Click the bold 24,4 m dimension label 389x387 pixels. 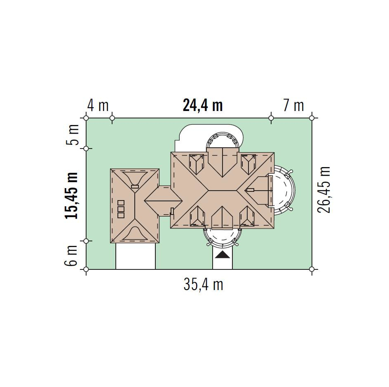pyautogui.click(x=203, y=105)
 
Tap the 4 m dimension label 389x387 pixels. pyautogui.click(x=98, y=105)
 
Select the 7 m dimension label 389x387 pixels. pyautogui.click(x=293, y=105)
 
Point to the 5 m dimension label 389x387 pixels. pyautogui.click(x=72, y=135)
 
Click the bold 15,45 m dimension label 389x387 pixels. pyautogui.click(x=71, y=195)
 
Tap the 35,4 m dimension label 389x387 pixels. pyautogui.click(x=204, y=284)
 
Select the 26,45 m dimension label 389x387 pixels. pyautogui.click(x=324, y=190)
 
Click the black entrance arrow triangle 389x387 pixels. pyautogui.click(x=222, y=255)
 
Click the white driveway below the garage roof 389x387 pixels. pyautogui.click(x=136, y=256)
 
